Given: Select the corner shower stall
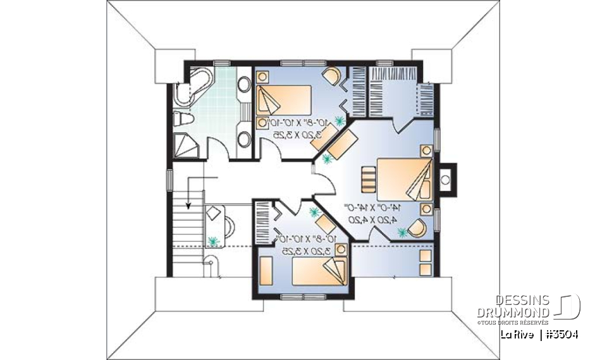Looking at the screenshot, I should pos(185,145).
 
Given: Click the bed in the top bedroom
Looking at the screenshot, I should pos(285,101).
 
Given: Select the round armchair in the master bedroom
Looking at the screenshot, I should pos(417,227).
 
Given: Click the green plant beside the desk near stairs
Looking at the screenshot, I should pos(213,240).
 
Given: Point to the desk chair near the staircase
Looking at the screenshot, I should pos(228,223).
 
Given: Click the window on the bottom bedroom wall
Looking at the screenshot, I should pos(300,296).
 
